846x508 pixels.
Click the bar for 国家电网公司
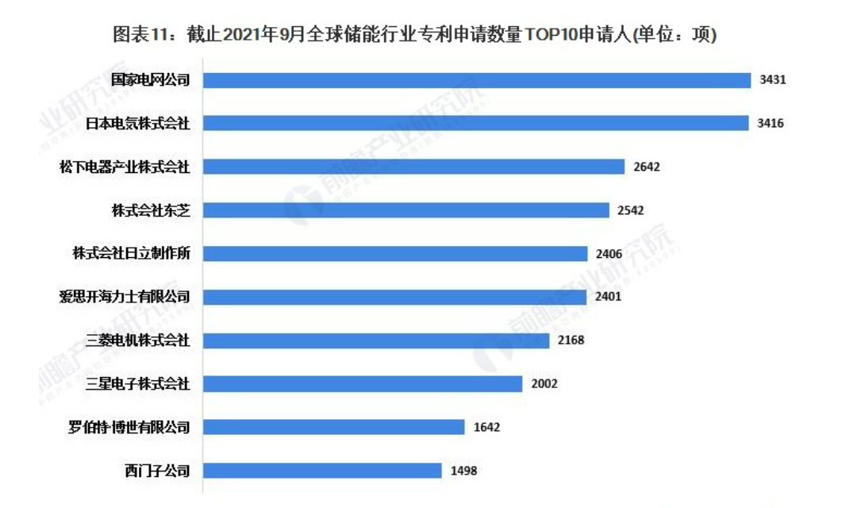point(476,80)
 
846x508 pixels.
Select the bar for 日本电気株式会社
point(475,123)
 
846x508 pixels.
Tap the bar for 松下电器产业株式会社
point(413,167)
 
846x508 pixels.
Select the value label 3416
point(771,123)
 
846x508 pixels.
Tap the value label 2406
point(610,254)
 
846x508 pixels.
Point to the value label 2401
point(608,297)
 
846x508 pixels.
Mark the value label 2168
point(571,341)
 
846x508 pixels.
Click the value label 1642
point(486,427)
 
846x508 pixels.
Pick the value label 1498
point(463,471)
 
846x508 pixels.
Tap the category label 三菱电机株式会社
point(138,341)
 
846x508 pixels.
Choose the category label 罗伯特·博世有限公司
point(129,427)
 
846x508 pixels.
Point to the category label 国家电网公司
point(151,80)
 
